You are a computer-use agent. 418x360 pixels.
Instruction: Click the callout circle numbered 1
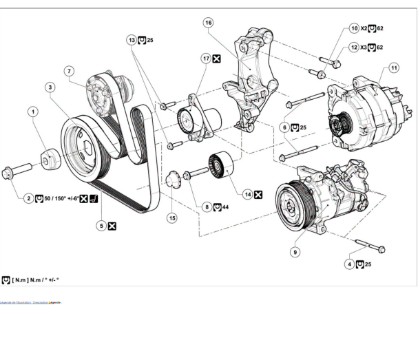(x=33, y=110)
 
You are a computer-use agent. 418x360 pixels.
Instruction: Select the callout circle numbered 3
(x=50, y=87)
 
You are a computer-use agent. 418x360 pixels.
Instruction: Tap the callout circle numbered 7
(x=69, y=71)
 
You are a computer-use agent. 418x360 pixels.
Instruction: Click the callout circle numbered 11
(x=394, y=68)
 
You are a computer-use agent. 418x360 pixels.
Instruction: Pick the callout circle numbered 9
(x=295, y=253)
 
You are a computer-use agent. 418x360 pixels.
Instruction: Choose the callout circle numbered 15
(x=172, y=218)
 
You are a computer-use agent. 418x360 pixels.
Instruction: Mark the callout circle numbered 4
(x=350, y=264)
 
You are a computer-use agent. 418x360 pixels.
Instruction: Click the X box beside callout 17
(x=218, y=60)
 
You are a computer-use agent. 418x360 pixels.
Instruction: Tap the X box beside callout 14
(x=258, y=195)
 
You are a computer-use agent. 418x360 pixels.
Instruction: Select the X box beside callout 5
(x=112, y=226)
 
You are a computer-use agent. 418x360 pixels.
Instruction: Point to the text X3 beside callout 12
(x=364, y=47)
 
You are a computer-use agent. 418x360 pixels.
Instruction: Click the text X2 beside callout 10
(x=364, y=29)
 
